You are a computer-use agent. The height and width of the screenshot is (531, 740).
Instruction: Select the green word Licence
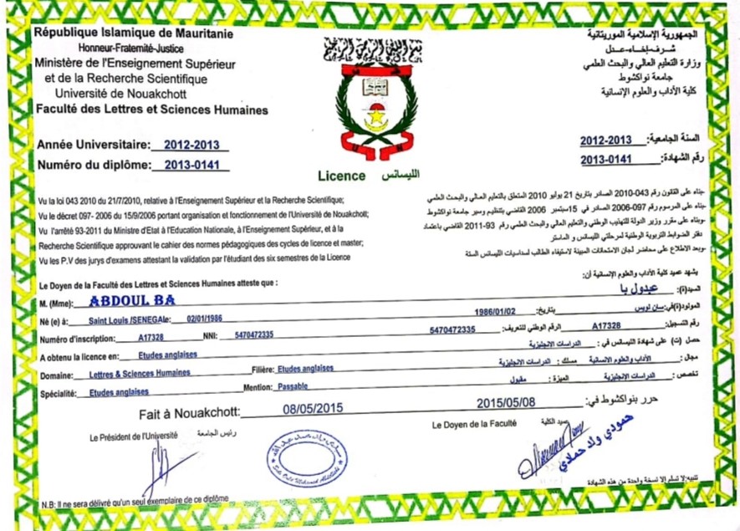tap(341, 176)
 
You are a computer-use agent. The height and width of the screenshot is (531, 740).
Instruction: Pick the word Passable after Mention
tap(292, 389)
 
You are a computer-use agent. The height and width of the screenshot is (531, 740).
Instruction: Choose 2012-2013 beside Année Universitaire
tap(192, 144)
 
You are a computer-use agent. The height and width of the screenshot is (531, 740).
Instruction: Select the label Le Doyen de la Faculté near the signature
tap(474, 425)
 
